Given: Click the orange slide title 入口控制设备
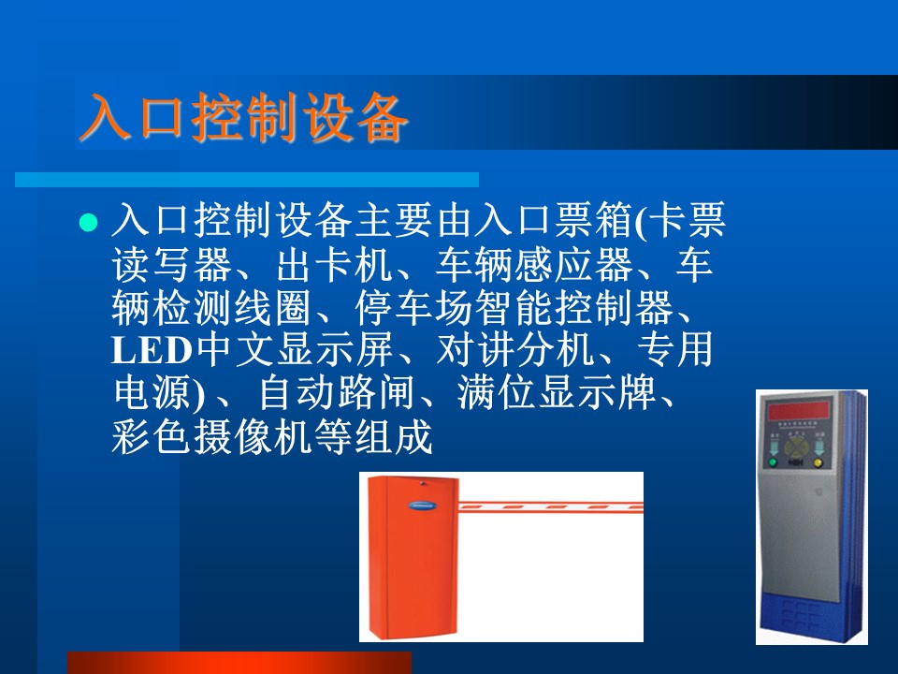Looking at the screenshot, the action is coord(243,117).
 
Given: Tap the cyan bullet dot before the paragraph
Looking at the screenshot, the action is coord(88,222).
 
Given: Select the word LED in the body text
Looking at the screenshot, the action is coord(152,350).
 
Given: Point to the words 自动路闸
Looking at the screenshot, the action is coord(337,393).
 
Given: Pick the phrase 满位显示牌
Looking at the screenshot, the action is coord(556,393).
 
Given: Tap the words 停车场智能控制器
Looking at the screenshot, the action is coord(514,307).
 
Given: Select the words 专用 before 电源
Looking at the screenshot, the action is coord(675,350).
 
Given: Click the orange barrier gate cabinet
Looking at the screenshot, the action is coord(412,557).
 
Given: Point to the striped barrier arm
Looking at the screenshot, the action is coord(550,507).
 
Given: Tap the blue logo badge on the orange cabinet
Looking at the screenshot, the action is coord(422,506).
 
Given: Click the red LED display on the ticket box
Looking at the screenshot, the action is coord(798,410).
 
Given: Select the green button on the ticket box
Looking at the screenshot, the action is coord(774,462).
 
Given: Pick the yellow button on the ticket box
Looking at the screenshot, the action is coord(818,462).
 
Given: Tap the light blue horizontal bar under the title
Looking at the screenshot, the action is coord(247,180).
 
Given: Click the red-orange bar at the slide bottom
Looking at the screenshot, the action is coord(239,663).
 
